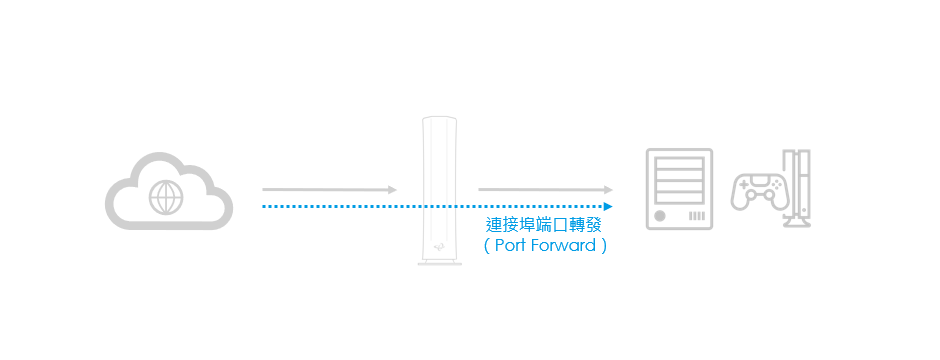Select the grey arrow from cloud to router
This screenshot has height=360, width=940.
329,189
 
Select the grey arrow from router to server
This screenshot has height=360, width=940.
545,189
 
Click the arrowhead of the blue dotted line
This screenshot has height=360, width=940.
607,207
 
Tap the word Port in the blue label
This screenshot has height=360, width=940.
512,245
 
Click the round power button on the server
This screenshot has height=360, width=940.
660,216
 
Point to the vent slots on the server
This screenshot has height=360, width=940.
697,216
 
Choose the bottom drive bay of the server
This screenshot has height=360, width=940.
680,197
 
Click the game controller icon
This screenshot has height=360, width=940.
756,190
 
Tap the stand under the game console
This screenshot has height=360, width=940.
797,223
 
